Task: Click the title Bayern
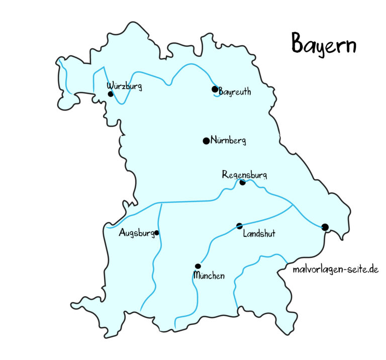tap(324, 45)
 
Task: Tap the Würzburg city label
tap(125, 86)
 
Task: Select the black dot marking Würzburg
tap(111, 94)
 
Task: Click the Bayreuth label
tap(235, 93)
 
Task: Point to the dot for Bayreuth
tap(215, 89)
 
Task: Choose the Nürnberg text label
tap(228, 141)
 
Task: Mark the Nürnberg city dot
tap(206, 141)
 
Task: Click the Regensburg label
tap(245, 175)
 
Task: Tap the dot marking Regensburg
tap(242, 183)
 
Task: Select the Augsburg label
tap(136, 233)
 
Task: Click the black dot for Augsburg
tap(157, 233)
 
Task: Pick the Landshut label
tap(259, 234)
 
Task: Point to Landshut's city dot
tap(240, 226)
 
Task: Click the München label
tap(209, 276)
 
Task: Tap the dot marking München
tap(198, 266)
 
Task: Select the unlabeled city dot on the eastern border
tap(325, 227)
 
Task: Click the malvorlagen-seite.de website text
tap(335, 269)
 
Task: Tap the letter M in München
tap(197, 276)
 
